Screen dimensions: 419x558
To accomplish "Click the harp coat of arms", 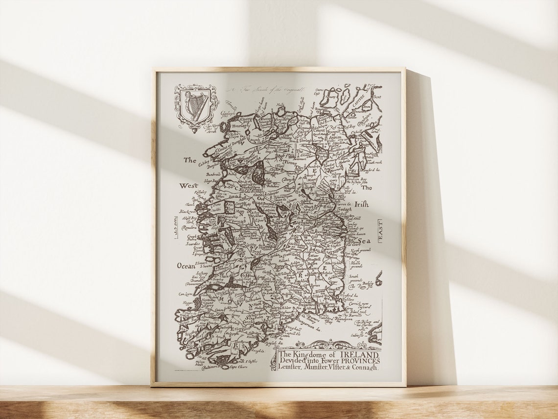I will [x=196, y=106].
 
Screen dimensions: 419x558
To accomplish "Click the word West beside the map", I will [x=188, y=186].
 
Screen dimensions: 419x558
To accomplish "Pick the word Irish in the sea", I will [x=362, y=204].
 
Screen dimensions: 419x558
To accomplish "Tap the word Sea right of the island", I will [x=364, y=241].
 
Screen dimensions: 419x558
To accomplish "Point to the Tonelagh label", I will [x=238, y=125].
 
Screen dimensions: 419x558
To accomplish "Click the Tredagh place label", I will [x=344, y=209].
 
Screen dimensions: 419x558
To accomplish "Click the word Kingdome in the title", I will [x=310, y=354].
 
